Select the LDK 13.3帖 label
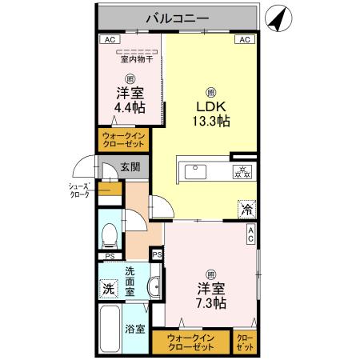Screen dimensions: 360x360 coord(211,114)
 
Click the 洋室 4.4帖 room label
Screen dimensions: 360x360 coord(128,99)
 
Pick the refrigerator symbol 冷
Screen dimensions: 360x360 coord(246,208)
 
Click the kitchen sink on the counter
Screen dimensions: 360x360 coord(195,170)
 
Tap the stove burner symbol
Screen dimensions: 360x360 coord(242,171)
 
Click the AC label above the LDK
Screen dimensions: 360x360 coord(242,39)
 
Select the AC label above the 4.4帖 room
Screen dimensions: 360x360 coord(106,39)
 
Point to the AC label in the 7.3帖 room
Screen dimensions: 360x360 coord(250,234)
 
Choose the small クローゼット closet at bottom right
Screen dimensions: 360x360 coord(244,342)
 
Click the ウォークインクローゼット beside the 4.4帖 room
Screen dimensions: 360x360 coord(123,141)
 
